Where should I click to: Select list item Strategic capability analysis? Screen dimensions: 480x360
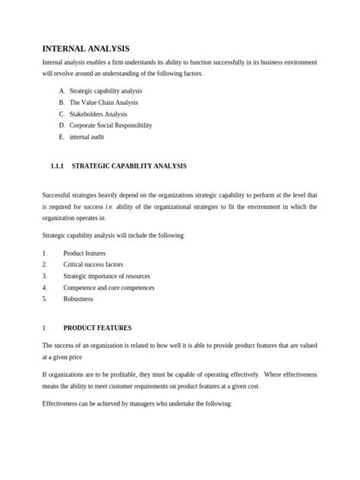tap(106, 90)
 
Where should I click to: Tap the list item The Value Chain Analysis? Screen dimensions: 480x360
tap(103, 102)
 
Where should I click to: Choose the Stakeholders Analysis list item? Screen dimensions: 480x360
tap(99, 113)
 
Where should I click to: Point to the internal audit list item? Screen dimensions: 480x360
tap(87, 137)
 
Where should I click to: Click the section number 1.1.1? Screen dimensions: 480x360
tap(58, 165)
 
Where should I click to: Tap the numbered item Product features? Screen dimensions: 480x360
tap(84, 253)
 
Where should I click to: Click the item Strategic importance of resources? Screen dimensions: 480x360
tap(106, 276)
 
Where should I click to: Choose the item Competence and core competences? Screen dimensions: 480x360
tap(109, 288)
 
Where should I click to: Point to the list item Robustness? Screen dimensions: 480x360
tap(78, 299)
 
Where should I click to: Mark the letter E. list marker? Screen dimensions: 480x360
tap(61, 137)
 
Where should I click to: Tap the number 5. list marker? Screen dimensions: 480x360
tap(46, 299)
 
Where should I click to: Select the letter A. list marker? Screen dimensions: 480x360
tap(61, 90)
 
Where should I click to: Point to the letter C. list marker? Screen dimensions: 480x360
tap(61, 113)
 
